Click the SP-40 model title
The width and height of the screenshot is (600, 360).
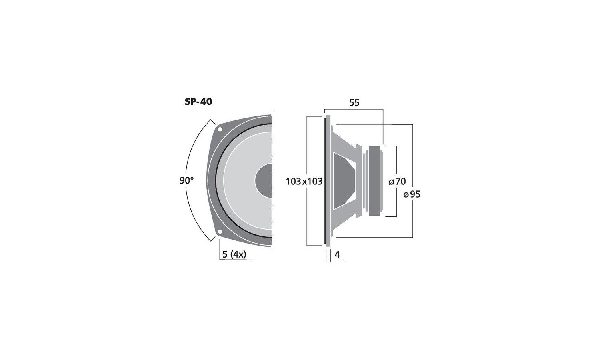coord(198,102)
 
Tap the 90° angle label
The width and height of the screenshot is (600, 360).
coord(186,180)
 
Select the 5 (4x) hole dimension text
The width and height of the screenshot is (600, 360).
coord(234,254)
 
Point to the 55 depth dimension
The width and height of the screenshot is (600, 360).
coord(354,102)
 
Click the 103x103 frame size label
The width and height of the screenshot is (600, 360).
coord(304,182)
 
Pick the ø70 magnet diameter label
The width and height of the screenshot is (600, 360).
coord(397,182)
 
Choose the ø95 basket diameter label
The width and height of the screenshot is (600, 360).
coord(412,194)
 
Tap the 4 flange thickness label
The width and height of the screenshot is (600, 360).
coord(338,255)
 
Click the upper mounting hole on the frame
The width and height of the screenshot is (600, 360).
coord(220,129)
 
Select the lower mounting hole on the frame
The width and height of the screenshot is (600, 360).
coord(220,232)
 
